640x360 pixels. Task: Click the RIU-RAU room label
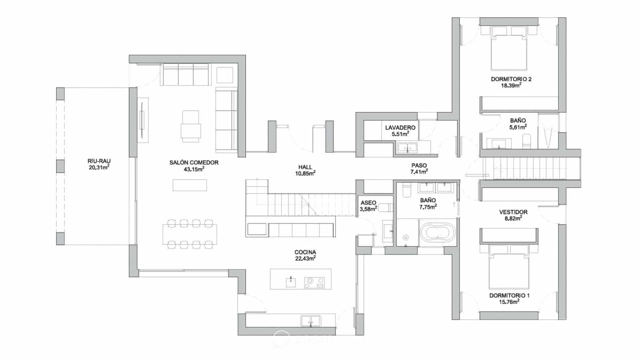coord(99,161)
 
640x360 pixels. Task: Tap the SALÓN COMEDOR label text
coord(194,162)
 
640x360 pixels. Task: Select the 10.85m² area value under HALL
coord(305,174)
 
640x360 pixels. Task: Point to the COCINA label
coord(305,252)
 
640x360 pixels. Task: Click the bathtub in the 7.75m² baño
coord(437,234)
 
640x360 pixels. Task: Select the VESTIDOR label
coord(513,212)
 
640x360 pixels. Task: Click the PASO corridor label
coord(419,165)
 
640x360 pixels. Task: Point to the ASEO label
coord(368,203)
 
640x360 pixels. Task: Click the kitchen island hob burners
coord(314,282)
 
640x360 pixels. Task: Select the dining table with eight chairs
coord(190,234)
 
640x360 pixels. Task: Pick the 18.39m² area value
coord(511,86)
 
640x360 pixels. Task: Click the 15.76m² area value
coord(509,302)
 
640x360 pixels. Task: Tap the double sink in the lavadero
coord(407,148)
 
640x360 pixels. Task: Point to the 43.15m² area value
coord(194,169)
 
